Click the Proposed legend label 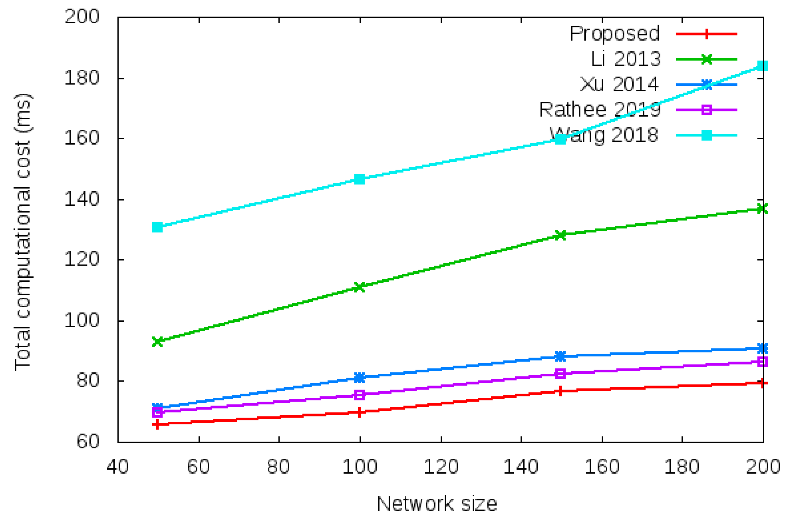(x=614, y=34)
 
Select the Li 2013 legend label (x=625, y=59)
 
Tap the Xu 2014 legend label (x=619, y=84)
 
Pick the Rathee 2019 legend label (x=600, y=110)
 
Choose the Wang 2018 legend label (x=604, y=135)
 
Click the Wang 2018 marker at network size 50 (x=157, y=227)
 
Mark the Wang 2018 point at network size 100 (x=360, y=179)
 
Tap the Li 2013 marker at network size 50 (x=157, y=342)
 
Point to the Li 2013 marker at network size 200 (x=762, y=208)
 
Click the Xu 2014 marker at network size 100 (x=360, y=377)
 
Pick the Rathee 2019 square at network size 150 (x=560, y=374)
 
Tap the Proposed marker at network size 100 (x=360, y=412)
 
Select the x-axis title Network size (x=437, y=504)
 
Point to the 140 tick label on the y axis (x=82, y=199)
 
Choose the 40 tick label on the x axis (x=117, y=467)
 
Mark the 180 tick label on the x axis (x=682, y=467)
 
